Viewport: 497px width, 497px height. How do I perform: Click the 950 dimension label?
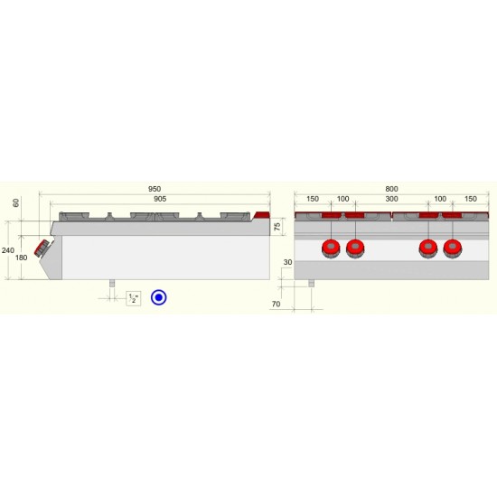point(155,189)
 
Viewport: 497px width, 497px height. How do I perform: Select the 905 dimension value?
point(160,199)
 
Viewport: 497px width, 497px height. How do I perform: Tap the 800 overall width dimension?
point(391,189)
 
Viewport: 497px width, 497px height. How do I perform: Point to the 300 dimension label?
point(392,199)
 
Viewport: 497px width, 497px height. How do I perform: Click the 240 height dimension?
point(8,250)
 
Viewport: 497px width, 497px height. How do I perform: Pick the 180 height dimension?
point(22,258)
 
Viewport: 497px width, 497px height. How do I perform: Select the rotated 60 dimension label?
point(16,202)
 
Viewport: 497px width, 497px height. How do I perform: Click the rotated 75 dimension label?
point(277,227)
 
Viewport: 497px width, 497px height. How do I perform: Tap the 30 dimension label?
point(287,262)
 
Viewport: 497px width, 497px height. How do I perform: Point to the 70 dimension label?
point(277,305)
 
